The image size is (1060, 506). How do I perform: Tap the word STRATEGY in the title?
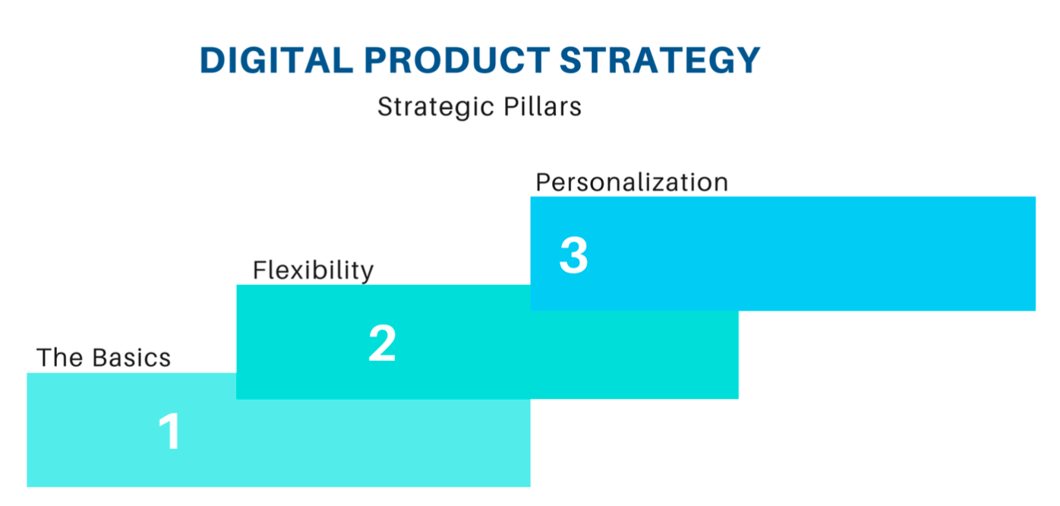(x=660, y=61)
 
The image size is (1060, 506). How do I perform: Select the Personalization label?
(x=632, y=183)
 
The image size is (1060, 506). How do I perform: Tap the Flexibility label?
(x=313, y=270)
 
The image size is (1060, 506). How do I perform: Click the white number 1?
(x=170, y=432)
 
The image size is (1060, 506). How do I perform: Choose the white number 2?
(x=382, y=343)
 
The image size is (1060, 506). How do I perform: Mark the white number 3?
(x=573, y=255)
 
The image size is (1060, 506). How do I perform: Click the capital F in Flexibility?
(x=260, y=270)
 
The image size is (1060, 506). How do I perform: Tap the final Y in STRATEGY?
(x=747, y=61)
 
